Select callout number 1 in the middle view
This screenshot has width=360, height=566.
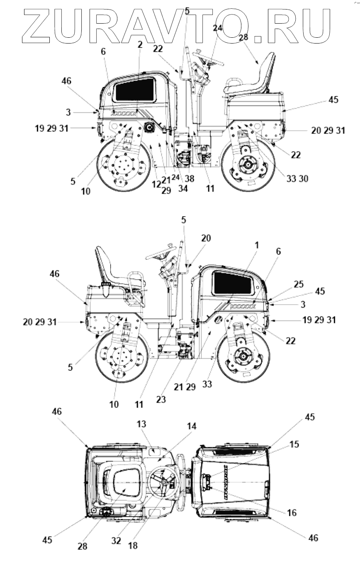click(x=257, y=245)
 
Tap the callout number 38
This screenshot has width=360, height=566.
click(x=189, y=179)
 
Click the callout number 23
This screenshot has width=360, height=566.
click(x=161, y=399)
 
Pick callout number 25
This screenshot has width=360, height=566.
click(x=299, y=284)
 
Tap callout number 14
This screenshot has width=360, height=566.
click(x=192, y=426)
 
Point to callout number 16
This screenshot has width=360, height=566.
click(x=292, y=513)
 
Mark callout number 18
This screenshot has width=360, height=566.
click(x=133, y=546)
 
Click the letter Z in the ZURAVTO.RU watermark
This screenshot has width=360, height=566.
click(x=38, y=26)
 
